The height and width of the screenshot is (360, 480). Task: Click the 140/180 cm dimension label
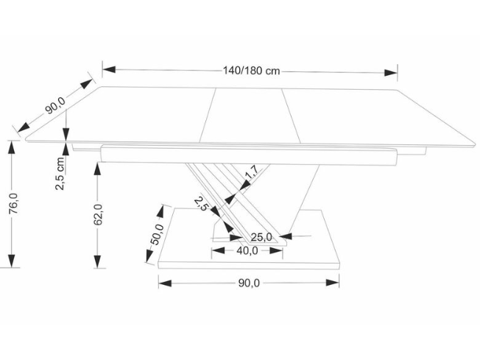point(251,71)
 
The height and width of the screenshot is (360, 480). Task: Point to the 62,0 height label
point(99,215)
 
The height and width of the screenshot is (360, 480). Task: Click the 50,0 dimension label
point(155,235)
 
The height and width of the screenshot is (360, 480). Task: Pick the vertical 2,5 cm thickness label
point(60,172)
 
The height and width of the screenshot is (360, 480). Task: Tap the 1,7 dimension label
point(251,174)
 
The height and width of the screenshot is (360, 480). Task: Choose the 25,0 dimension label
point(261,236)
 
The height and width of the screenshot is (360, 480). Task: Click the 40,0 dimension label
point(247,251)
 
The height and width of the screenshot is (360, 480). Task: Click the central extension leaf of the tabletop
point(247,115)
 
